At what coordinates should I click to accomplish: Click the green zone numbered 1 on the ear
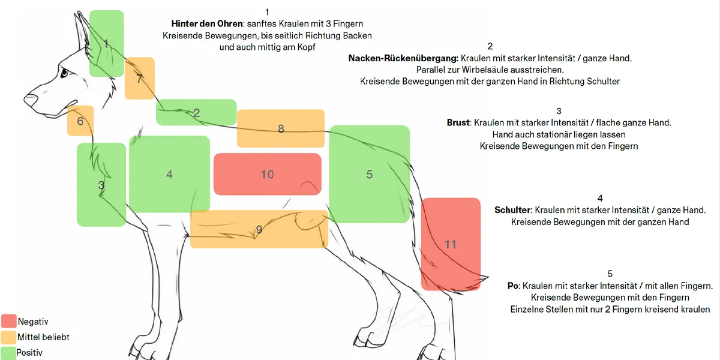(106, 43)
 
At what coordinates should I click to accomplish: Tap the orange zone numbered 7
(140, 78)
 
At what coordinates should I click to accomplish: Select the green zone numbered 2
(196, 112)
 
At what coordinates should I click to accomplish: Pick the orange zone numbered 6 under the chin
(80, 121)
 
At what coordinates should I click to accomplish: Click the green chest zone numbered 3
(101, 185)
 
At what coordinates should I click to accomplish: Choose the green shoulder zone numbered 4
(170, 174)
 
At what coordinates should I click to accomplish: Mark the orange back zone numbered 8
(281, 128)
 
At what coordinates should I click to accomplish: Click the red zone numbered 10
(267, 174)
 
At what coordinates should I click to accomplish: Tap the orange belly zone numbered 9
(259, 229)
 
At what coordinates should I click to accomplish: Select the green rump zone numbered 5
(369, 174)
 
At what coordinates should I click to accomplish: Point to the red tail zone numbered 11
(451, 244)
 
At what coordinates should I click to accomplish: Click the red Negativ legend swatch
(9, 322)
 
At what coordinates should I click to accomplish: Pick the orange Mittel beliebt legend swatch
(9, 337)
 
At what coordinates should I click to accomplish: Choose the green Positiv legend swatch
(9, 353)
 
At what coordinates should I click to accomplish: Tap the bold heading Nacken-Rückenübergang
(403, 58)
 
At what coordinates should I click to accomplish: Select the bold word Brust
(458, 122)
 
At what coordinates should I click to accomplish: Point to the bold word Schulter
(512, 210)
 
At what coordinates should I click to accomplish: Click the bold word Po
(512, 286)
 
